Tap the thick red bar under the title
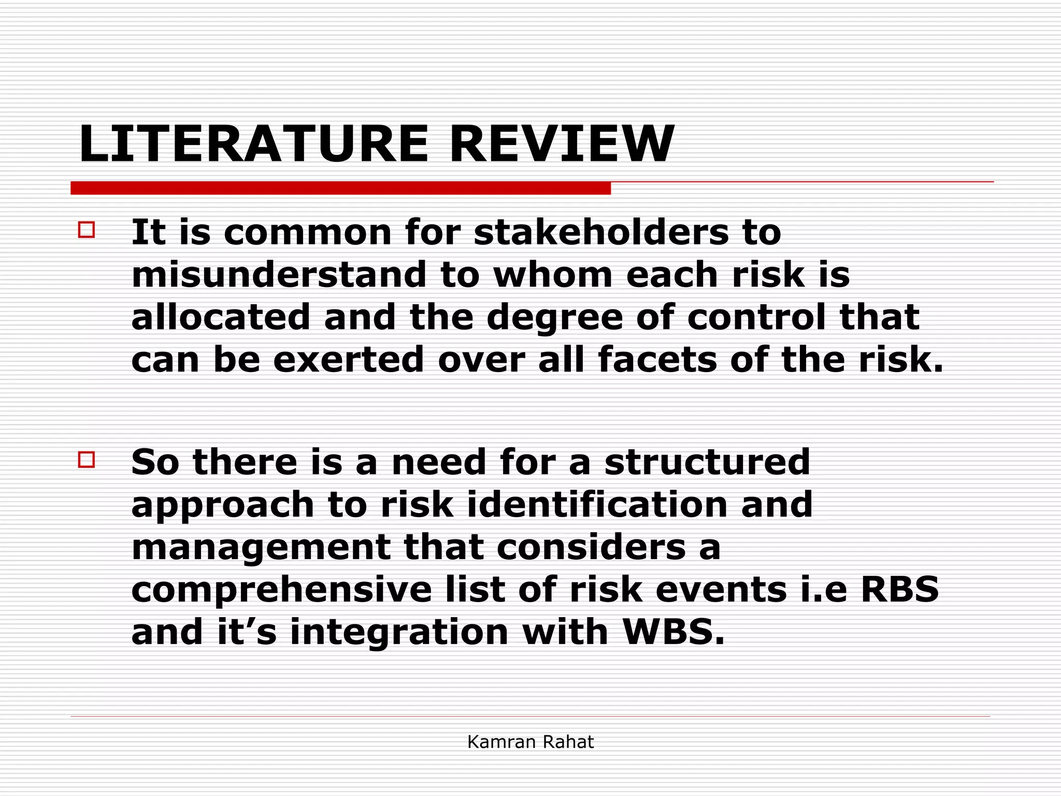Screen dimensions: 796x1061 (x=340, y=188)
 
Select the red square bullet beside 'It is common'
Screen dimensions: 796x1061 (x=87, y=230)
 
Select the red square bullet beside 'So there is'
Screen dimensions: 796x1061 (x=87, y=460)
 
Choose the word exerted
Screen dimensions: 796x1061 (x=349, y=360)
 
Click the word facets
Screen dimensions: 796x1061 (x=657, y=360)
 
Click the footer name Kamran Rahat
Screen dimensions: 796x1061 (x=530, y=742)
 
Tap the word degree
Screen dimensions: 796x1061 (x=555, y=318)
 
